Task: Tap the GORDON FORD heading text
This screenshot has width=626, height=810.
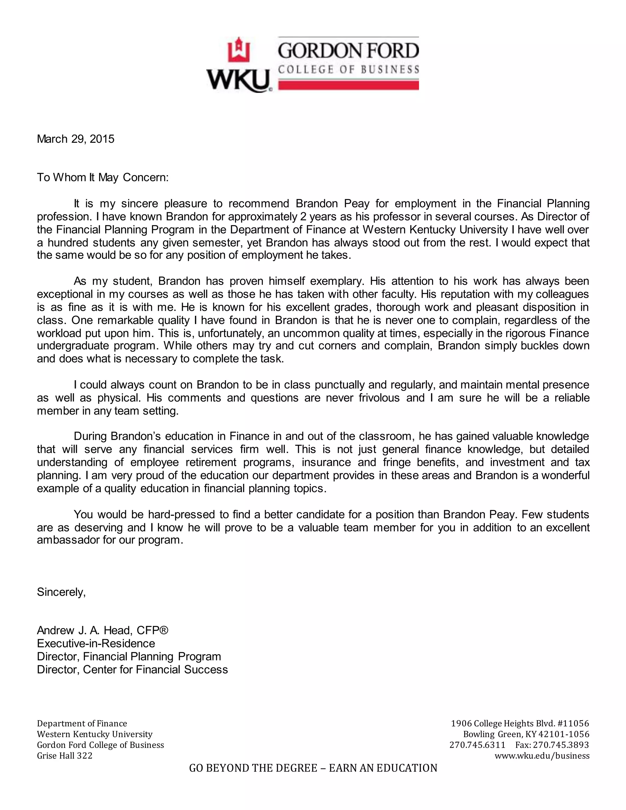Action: click(x=348, y=51)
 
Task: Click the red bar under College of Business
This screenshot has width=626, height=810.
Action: click(x=348, y=85)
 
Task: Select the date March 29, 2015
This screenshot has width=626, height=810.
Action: click(x=76, y=139)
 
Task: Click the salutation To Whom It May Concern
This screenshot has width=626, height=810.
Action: click(x=103, y=178)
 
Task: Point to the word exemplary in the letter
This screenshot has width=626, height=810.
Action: click(x=336, y=281)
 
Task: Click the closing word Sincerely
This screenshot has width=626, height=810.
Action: click(x=61, y=592)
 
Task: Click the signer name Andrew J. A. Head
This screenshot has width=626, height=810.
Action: click(x=85, y=631)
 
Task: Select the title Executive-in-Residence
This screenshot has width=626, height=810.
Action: click(x=96, y=643)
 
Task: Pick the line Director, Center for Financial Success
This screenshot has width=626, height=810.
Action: click(x=132, y=669)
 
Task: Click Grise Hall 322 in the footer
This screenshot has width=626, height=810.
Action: click(x=64, y=756)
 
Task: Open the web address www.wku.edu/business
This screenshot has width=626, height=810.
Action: click(x=542, y=756)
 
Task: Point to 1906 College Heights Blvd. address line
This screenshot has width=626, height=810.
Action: click(x=520, y=723)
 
